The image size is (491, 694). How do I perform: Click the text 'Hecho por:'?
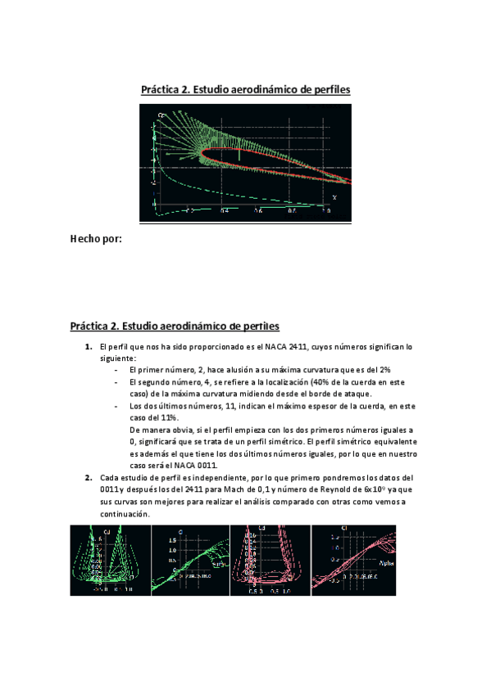tap(97, 240)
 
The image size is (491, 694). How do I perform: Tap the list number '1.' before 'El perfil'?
tap(89, 347)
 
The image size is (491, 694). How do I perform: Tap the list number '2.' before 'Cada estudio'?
tap(89, 477)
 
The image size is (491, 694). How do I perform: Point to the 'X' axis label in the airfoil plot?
tap(334, 197)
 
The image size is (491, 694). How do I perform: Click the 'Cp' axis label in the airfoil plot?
tap(161, 116)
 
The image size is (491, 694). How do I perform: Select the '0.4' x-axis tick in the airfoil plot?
tap(224, 211)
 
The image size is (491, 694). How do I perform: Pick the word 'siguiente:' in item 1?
tap(118, 358)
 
